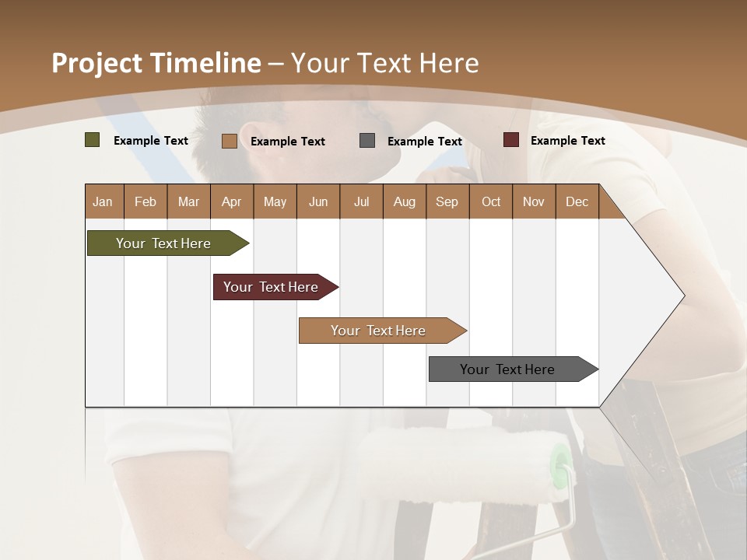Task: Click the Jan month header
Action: (x=103, y=201)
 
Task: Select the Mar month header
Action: (x=188, y=201)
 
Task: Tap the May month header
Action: (x=275, y=201)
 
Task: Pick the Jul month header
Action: (x=361, y=201)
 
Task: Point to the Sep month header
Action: (x=447, y=201)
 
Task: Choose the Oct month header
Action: (x=491, y=201)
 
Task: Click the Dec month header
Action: (x=577, y=201)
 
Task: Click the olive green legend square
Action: (x=93, y=140)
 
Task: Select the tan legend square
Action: (x=229, y=141)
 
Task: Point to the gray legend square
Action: (x=367, y=141)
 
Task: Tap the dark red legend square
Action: (x=510, y=140)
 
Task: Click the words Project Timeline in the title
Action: (x=156, y=63)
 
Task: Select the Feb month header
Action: (x=146, y=201)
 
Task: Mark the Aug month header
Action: (x=404, y=201)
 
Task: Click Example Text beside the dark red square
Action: (x=567, y=141)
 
